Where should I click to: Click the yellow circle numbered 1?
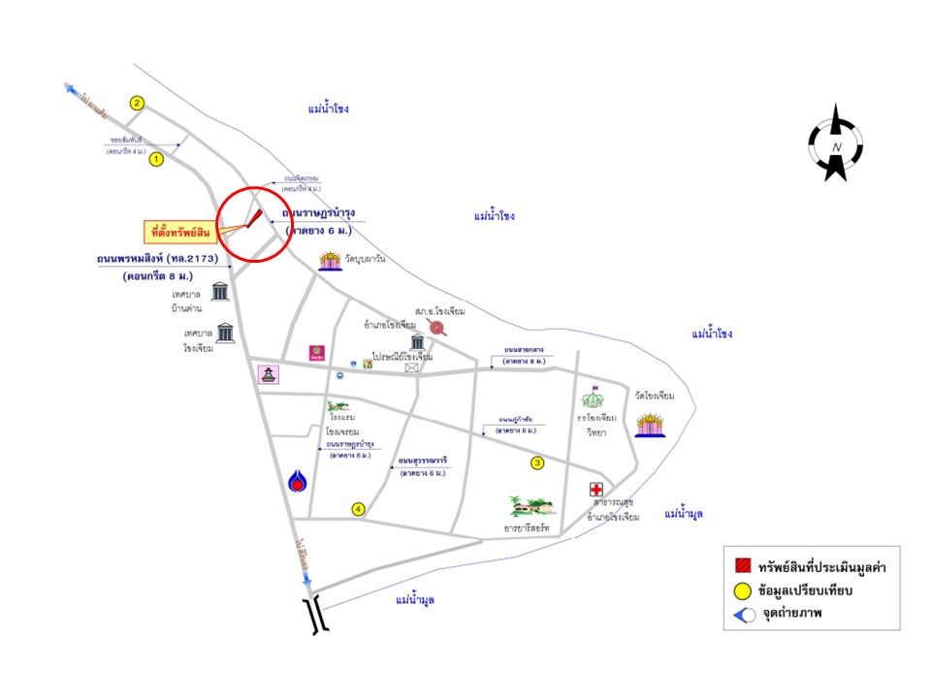coord(156,161)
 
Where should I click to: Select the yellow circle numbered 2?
coord(138,103)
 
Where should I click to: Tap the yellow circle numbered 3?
coord(537,463)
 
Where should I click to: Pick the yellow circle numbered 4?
coord(358,509)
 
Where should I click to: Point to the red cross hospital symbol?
coord(596,492)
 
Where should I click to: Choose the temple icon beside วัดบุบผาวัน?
coord(329,262)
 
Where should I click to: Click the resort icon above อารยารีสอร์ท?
coord(532,505)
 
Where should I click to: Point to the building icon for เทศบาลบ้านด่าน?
coord(220,291)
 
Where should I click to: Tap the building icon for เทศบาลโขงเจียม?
coord(225,333)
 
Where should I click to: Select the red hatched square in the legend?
coord(744,567)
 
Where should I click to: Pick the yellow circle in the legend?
coord(744,590)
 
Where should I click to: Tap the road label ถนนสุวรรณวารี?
coord(421,460)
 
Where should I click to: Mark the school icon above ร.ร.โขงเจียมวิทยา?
coord(592,398)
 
